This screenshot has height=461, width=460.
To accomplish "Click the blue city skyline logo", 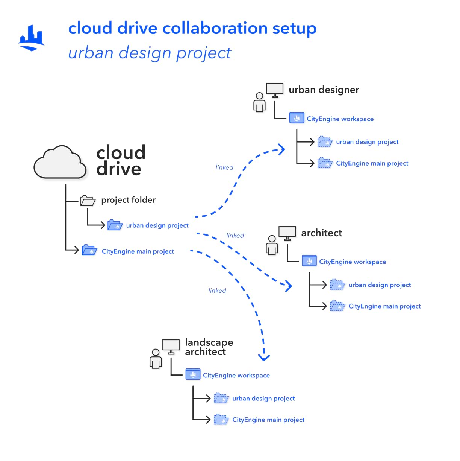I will [32, 38].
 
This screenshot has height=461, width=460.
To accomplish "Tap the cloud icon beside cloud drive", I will [59, 163].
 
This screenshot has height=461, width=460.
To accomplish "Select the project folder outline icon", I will [88, 200].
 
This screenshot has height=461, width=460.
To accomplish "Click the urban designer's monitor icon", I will [275, 90].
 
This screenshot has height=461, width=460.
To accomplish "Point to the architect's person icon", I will [272, 245].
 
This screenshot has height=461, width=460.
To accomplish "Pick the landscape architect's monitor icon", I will [171, 347].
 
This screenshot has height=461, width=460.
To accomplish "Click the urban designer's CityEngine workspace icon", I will [297, 118].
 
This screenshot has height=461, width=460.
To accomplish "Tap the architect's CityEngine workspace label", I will [353, 262].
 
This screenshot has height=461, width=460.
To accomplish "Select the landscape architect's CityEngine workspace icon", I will [193, 374].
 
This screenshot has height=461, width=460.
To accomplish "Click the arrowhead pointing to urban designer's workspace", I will [282, 149].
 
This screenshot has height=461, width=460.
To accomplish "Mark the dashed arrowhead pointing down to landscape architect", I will [264, 357].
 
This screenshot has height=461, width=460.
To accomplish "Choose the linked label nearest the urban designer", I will [224, 167].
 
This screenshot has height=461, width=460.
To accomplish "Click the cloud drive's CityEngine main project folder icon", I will [89, 250].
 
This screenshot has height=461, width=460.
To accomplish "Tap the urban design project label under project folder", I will [157, 225].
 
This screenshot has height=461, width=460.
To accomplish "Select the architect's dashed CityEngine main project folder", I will [337, 306].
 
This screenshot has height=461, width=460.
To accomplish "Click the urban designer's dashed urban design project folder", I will [325, 141].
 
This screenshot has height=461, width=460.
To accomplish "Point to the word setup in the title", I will [294, 29].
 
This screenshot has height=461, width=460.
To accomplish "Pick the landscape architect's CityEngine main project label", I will [268, 420].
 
